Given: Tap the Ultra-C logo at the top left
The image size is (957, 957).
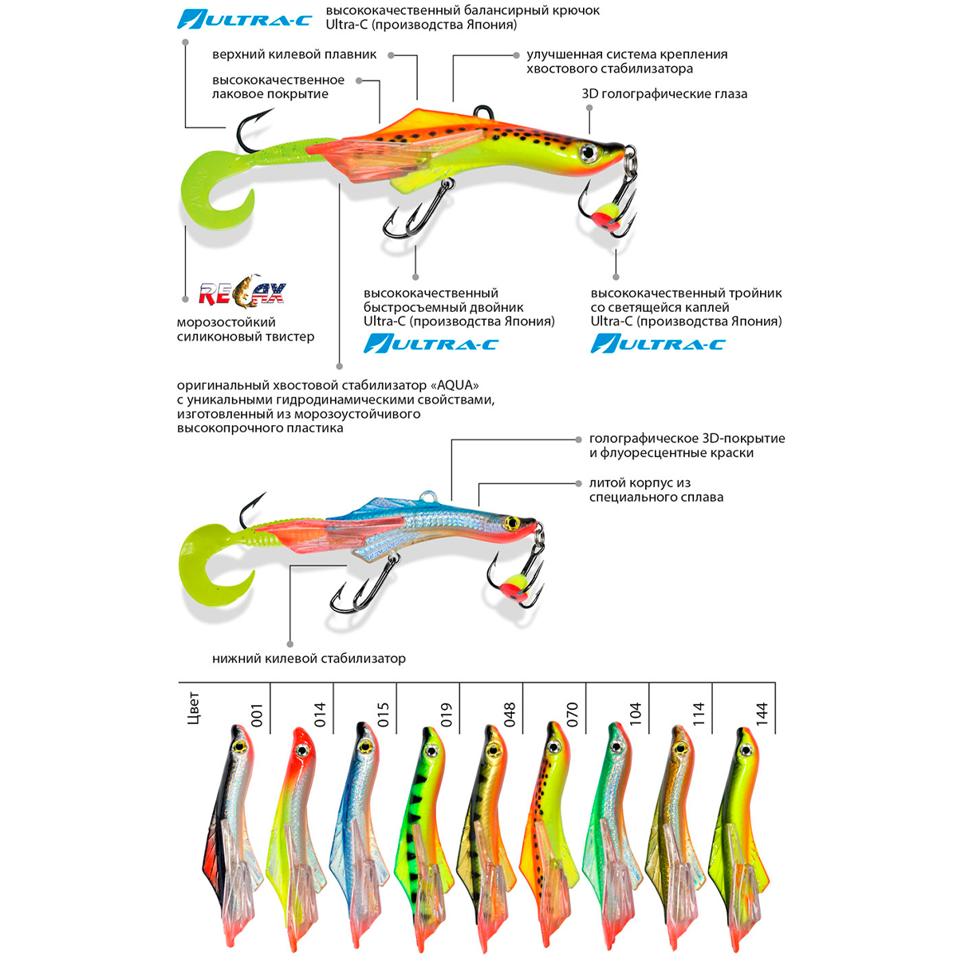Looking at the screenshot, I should click(244, 19).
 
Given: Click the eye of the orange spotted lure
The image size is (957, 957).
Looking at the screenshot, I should click(589, 152).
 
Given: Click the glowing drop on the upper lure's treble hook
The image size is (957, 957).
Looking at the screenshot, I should click(604, 216).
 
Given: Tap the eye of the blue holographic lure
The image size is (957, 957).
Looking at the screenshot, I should click(511, 523).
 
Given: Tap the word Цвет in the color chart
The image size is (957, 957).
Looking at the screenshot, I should click(193, 709).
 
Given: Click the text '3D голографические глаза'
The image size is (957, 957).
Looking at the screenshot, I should click(664, 94).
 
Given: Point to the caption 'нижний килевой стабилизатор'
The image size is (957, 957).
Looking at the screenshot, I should click(309, 659).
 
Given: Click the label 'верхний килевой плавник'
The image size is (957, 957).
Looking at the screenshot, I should click(294, 54).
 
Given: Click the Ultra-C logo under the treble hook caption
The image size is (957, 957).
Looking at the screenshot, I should click(658, 344).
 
